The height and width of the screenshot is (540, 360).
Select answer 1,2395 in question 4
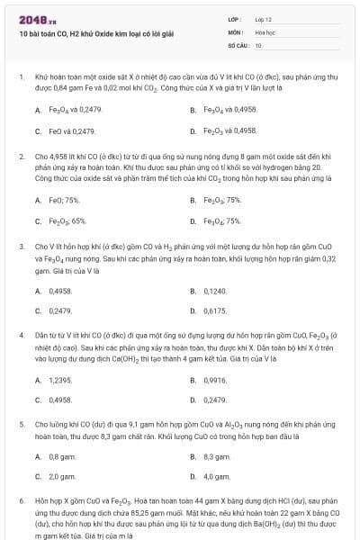point(59,381)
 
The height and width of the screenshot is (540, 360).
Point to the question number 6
point(21,499)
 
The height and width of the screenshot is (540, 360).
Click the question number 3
point(21,245)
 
